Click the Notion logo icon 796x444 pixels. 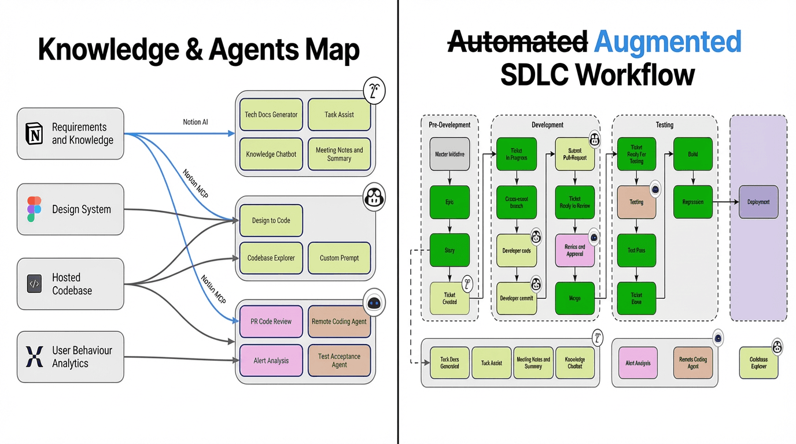pyautogui.click(x=34, y=134)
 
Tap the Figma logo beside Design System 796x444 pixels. pyautogui.click(x=34, y=209)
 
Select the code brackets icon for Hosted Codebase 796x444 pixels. pyautogui.click(x=34, y=284)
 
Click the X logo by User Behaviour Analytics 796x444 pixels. pyautogui.click(x=34, y=357)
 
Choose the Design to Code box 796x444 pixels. pyautogui.click(x=271, y=220)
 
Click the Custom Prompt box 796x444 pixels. pyautogui.click(x=339, y=258)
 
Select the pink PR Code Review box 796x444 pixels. pyautogui.click(x=271, y=321)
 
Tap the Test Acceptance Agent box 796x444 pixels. pyautogui.click(x=339, y=360)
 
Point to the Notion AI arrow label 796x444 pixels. pyautogui.click(x=196, y=122)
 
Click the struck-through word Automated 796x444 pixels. pyautogui.click(x=518, y=42)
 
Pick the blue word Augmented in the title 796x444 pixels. pyautogui.click(x=668, y=42)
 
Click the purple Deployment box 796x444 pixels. pyautogui.click(x=758, y=202)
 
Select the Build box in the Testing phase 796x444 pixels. pyautogui.click(x=692, y=154)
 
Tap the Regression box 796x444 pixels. pyautogui.click(x=692, y=202)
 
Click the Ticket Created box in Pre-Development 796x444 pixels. pyautogui.click(x=449, y=298)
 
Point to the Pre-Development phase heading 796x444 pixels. pyautogui.click(x=449, y=125)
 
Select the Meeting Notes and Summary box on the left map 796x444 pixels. pyautogui.click(x=339, y=154)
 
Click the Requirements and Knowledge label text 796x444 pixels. pyautogui.click(x=82, y=134)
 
